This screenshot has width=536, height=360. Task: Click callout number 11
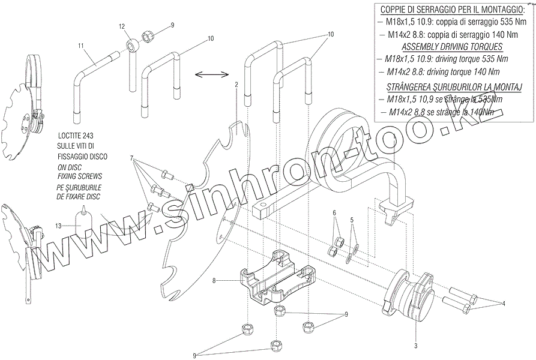[x=80, y=46]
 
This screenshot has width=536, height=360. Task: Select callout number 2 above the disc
[x=236, y=85]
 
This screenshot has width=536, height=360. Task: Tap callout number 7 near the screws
[x=131, y=158]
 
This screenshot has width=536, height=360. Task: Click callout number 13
[x=58, y=226]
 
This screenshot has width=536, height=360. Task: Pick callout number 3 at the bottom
[x=415, y=346]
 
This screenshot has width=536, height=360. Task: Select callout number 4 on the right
[x=504, y=303]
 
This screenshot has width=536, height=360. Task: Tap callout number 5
[x=352, y=220]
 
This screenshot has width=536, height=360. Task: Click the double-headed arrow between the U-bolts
[x=212, y=74]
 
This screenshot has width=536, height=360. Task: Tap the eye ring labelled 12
[x=130, y=46]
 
